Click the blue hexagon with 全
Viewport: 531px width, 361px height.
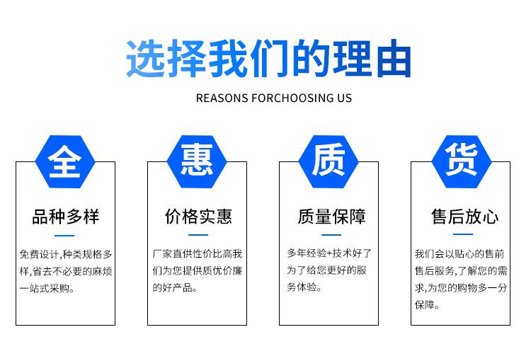[x=65, y=162]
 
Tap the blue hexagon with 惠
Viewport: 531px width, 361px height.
[x=197, y=162]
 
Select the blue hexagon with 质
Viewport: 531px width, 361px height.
[x=329, y=162]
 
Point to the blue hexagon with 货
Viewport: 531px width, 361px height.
[x=461, y=162]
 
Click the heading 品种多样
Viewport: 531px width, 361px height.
[x=65, y=216]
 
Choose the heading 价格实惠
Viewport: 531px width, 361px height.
[x=198, y=216]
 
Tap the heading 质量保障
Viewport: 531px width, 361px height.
[x=331, y=216]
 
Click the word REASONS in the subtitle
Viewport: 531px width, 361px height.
[x=222, y=98]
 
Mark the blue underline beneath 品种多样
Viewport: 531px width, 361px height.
[x=65, y=234]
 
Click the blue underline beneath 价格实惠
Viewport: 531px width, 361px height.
[x=198, y=234]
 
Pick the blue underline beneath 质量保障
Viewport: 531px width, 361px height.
[x=331, y=234]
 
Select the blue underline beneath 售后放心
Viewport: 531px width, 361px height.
[x=463, y=234]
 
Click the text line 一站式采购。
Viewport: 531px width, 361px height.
[x=47, y=288]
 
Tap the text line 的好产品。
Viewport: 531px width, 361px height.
[x=175, y=288]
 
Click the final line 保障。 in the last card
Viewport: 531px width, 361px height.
[x=428, y=306]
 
